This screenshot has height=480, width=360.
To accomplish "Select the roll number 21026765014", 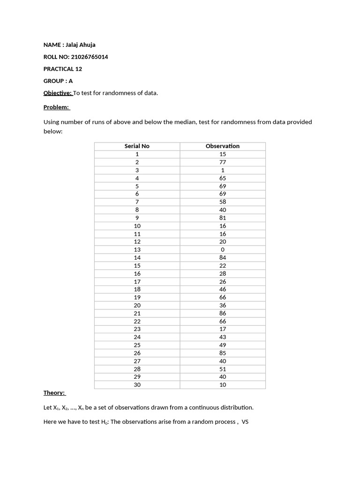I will pos(92,57).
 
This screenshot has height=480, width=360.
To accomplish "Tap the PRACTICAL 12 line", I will pos(63,69).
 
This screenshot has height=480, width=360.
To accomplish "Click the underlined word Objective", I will pos(58,93).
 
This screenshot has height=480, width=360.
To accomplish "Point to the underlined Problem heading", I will pos(56,107).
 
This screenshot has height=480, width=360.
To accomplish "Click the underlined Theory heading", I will pos(54,393).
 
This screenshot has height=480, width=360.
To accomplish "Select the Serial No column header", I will pos(137,146).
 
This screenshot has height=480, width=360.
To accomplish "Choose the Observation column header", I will pos(223,146).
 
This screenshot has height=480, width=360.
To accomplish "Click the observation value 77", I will pos(223,162).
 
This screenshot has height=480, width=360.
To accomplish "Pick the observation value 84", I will pos(223,257).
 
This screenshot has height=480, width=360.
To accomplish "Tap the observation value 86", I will pos(223,313).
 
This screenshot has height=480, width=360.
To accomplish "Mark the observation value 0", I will pos(223,249).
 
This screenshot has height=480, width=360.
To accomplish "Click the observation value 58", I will pos(223,202).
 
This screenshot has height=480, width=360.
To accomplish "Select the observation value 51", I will pos(223,369).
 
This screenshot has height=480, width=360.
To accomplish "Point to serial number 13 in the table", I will pos(137,249).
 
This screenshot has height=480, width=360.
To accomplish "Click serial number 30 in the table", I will pos(137,385).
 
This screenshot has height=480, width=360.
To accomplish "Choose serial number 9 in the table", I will pos(137,217).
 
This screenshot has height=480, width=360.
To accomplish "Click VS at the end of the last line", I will pos(245,422).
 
